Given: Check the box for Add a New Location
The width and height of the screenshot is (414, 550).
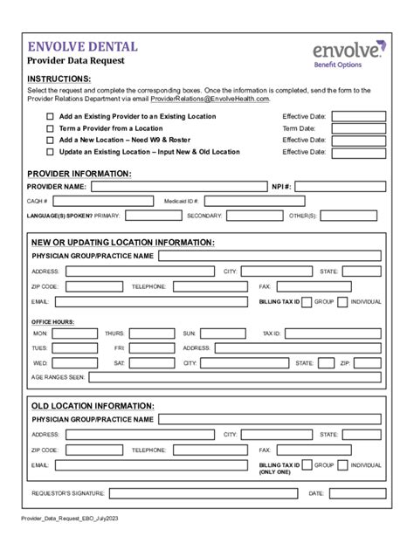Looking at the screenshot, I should [50, 140].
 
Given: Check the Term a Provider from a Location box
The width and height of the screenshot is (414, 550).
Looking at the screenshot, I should [50, 127].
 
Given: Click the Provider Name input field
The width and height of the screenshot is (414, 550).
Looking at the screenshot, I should [178, 186].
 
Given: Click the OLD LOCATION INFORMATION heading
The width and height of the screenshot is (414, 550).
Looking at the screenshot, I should [93, 405].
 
